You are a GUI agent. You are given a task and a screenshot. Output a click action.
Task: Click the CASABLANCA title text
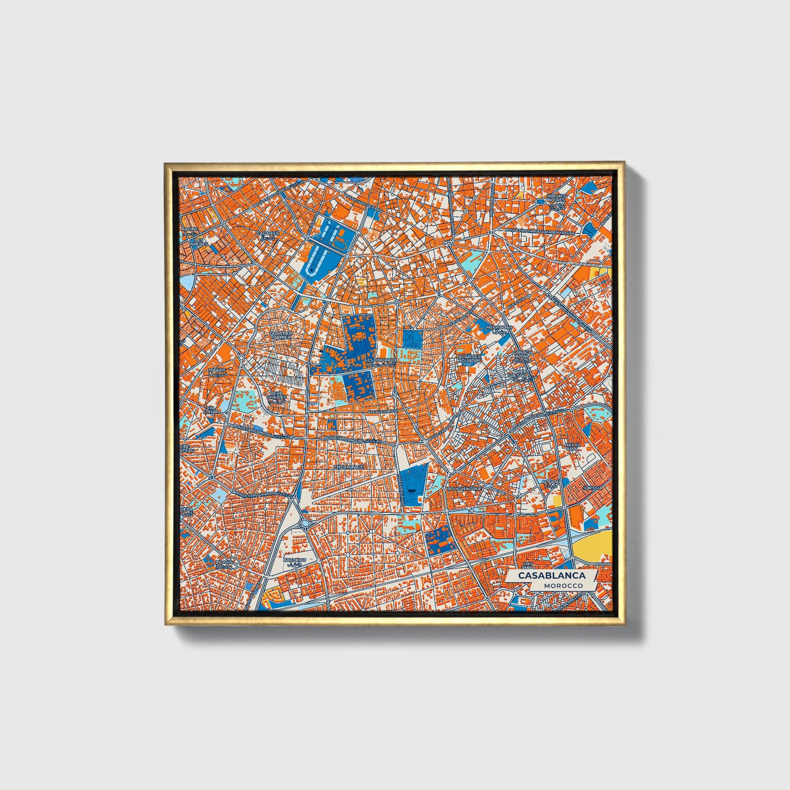tap(552, 575)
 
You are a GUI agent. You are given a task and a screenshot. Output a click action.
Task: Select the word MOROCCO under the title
tap(563, 585)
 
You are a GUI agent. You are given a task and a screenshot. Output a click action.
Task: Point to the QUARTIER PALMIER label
tap(281, 335)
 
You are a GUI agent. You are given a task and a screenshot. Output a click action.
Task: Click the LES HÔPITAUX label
tap(380, 360)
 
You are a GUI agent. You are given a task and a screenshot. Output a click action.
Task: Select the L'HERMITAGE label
tap(348, 466)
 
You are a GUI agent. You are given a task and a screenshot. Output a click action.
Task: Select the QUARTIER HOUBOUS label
tap(470, 358)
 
